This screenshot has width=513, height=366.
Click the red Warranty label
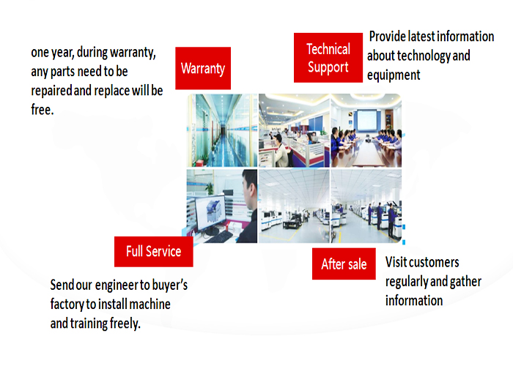pos(203,68)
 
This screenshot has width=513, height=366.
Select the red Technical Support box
pos(328,58)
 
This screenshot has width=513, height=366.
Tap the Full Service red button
pos(153,251)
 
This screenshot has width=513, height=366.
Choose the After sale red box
pos(344,264)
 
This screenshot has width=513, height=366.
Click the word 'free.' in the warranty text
pos(43,110)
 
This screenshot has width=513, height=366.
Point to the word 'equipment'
pos(394,75)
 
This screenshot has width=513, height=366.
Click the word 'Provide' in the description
pos(388,37)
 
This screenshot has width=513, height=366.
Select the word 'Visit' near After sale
pos(395,262)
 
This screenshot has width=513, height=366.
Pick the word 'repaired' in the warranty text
pos(51,91)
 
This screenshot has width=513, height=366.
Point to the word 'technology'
pos(423,56)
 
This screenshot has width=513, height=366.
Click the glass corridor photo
pos(222,130)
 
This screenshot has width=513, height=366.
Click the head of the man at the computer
pos(249,190)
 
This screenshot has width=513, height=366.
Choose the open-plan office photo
pos(294,130)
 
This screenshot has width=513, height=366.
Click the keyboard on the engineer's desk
pos(218,237)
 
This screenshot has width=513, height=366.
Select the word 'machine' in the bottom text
pos(150,305)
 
